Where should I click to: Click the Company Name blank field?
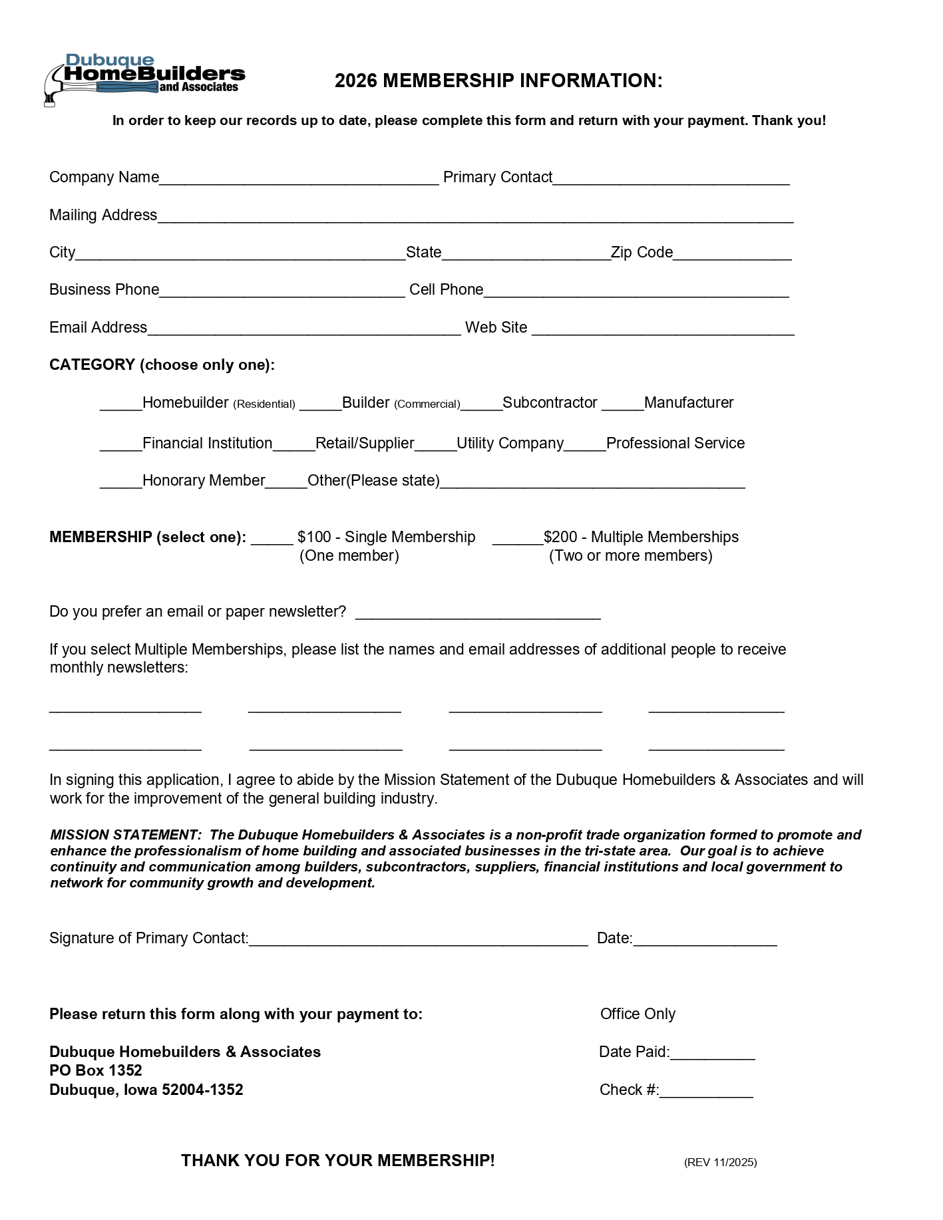pyautogui.click(x=299, y=178)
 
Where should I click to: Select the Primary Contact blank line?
pyautogui.click(x=671, y=178)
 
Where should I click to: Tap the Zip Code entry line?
pyautogui.click(x=732, y=253)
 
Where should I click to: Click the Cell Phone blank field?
pyautogui.click(x=636, y=291)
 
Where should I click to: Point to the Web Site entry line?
pyautogui.click(x=663, y=329)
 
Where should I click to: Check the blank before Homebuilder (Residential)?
pyautogui.click(x=120, y=404)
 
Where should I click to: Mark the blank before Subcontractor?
pyautogui.click(x=481, y=404)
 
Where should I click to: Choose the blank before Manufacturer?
pyautogui.click(x=622, y=404)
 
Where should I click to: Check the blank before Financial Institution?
pyautogui.click(x=120, y=445)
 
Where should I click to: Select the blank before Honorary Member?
pyautogui.click(x=120, y=482)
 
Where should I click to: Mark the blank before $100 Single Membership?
pyautogui.click(x=272, y=539)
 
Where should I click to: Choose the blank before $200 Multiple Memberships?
pyautogui.click(x=517, y=539)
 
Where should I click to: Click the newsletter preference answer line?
pyautogui.click(x=478, y=613)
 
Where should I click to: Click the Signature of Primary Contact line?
pyautogui.click(x=418, y=940)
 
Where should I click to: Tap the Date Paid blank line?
pyautogui.click(x=712, y=1054)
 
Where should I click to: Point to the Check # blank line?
pyautogui.click(x=706, y=1092)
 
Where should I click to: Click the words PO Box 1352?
pyautogui.click(x=96, y=1070)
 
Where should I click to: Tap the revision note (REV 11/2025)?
pyautogui.click(x=720, y=1162)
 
